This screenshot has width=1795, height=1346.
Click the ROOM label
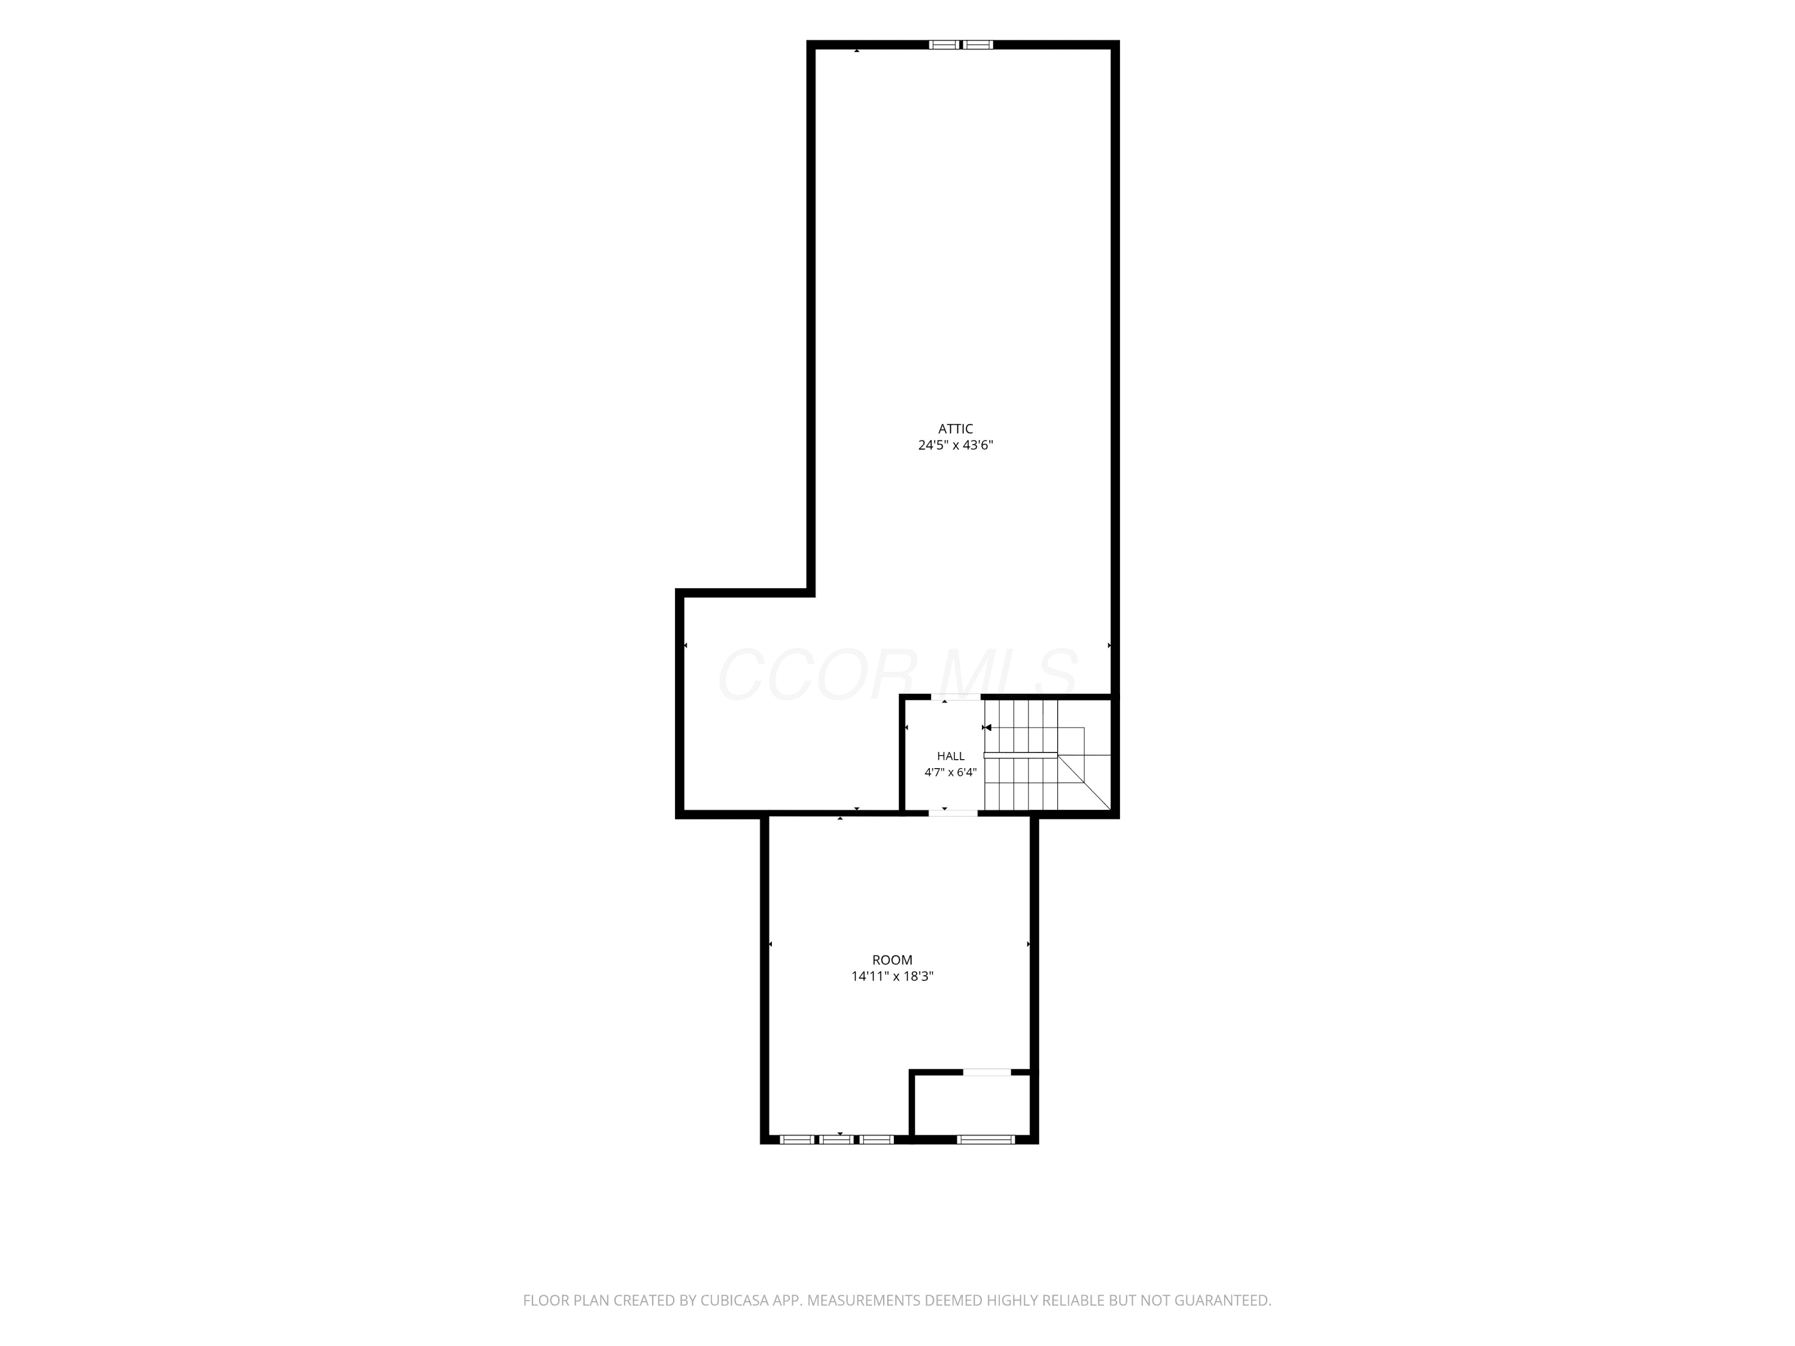[x=892, y=960]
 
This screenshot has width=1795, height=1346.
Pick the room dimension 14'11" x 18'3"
[x=892, y=976]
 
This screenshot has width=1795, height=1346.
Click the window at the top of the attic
[x=961, y=45]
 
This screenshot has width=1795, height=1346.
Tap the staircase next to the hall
[x=1047, y=754]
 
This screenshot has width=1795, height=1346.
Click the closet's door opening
[x=987, y=1073]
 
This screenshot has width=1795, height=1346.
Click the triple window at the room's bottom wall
[x=836, y=1139]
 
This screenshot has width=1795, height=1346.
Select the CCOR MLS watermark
[x=898, y=675]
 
